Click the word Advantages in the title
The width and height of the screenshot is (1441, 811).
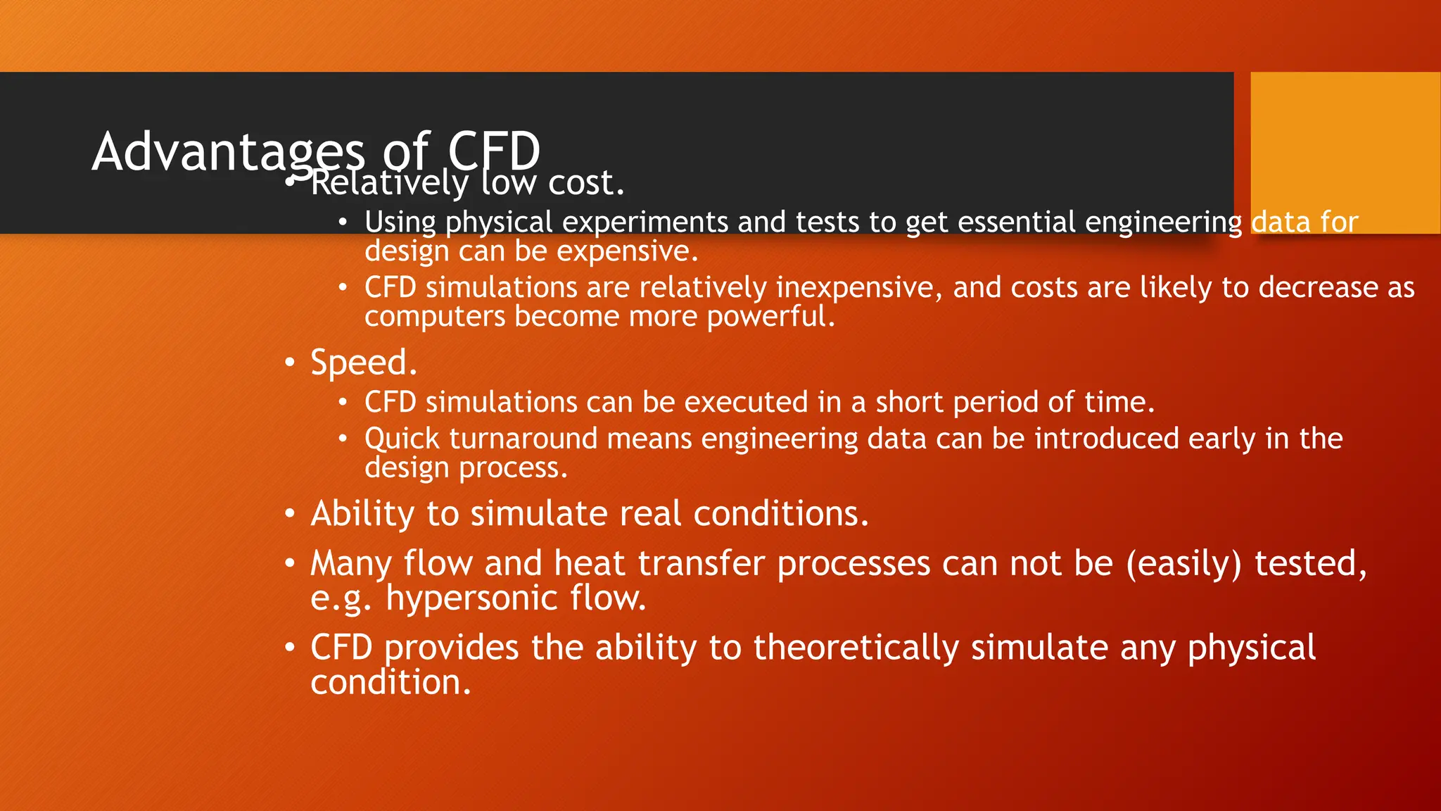229,151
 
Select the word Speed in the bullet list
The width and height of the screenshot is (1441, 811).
359,363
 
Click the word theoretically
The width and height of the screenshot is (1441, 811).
856,648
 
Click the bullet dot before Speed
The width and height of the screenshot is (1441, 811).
290,363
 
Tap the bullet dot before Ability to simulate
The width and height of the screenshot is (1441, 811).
290,514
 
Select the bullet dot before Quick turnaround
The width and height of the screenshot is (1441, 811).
343,439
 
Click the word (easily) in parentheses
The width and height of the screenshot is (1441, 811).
1183,564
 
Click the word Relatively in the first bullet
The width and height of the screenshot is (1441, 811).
389,183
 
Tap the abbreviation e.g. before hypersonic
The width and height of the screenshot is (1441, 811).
341,598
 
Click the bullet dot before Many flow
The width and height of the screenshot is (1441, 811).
290,564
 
